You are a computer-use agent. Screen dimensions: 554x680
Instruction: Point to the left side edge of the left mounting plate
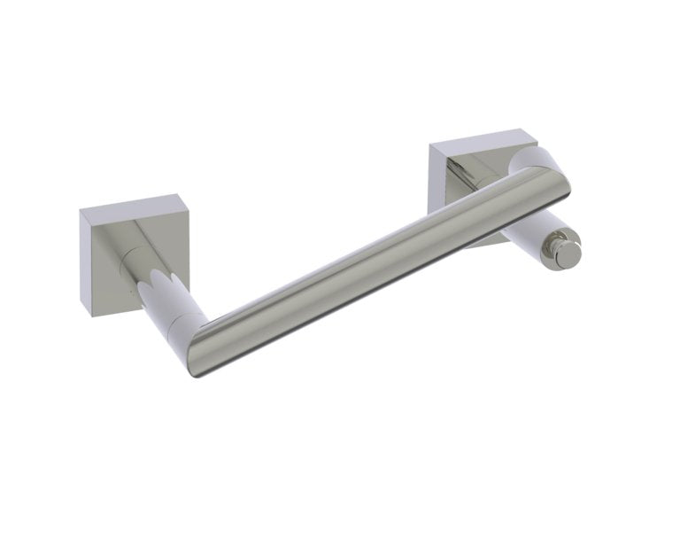85,261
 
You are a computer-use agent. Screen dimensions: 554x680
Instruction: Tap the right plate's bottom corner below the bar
478,244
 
